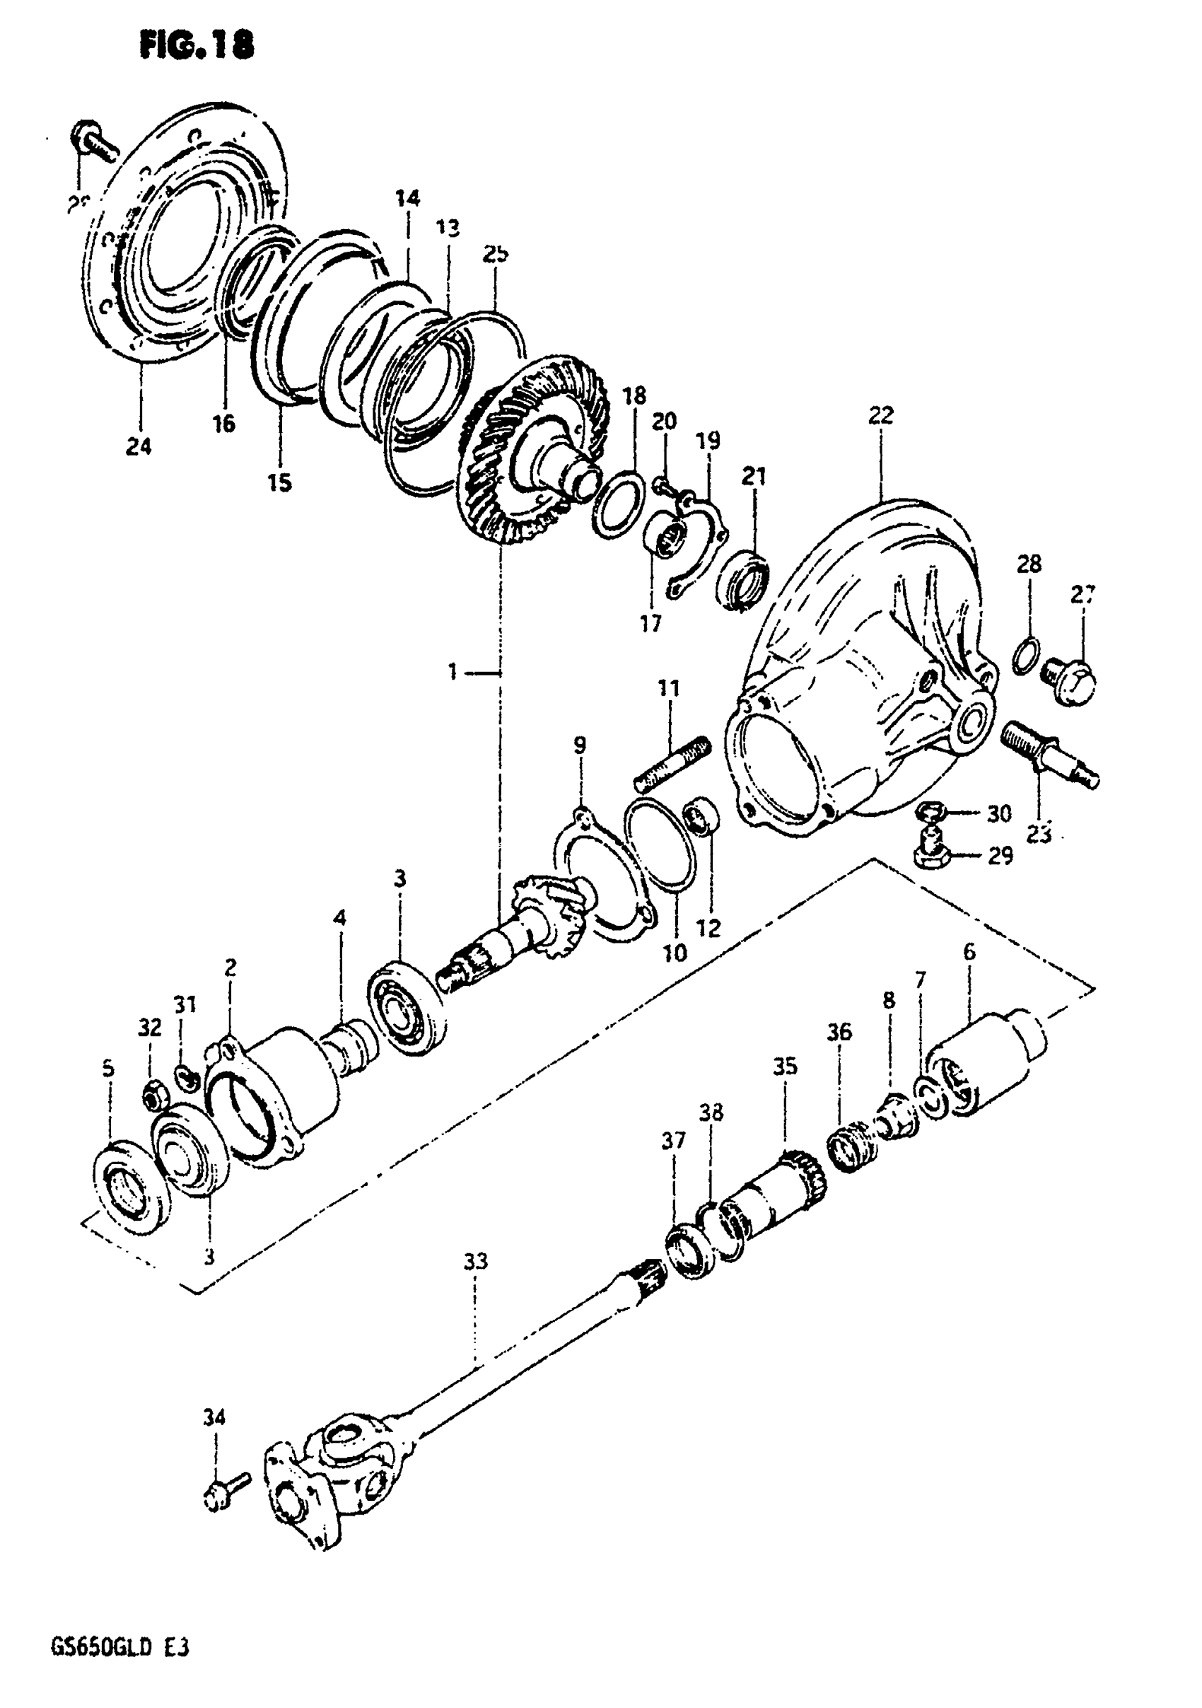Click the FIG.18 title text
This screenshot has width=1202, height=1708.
pyautogui.click(x=197, y=46)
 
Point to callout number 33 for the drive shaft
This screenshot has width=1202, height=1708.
pyautogui.click(x=475, y=1262)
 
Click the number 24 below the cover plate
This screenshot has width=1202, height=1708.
pyautogui.click(x=139, y=446)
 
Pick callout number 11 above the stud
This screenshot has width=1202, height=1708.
pyautogui.click(x=669, y=688)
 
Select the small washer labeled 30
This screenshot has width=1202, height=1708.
pyautogui.click(x=932, y=813)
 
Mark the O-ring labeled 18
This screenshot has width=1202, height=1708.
pyautogui.click(x=618, y=506)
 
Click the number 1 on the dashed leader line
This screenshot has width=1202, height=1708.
pyautogui.click(x=453, y=673)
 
